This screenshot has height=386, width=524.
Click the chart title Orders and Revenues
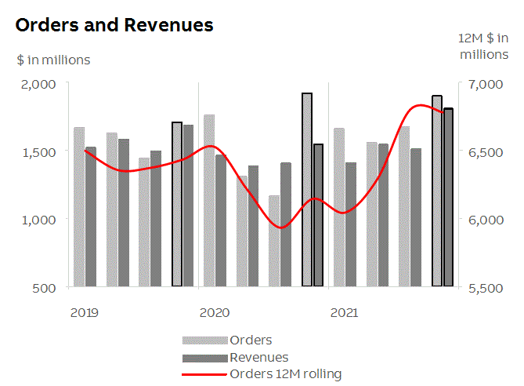[x=114, y=25]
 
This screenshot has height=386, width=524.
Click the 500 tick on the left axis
[x=45, y=287]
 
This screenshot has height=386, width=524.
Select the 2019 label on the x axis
[x=85, y=313]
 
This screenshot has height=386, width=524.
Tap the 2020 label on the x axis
[x=215, y=313]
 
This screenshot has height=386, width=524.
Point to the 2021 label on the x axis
[x=345, y=313]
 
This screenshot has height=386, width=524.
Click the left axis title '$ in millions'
[x=53, y=60]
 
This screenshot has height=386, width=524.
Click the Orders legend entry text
[x=251, y=340]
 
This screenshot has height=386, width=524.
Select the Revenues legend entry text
[x=258, y=358]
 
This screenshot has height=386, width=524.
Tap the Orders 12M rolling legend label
[x=285, y=374]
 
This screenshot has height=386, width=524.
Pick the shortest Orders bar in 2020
[x=274, y=241]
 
